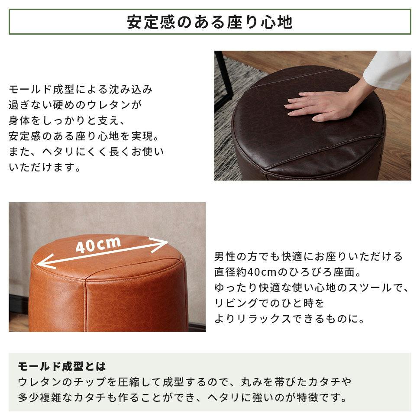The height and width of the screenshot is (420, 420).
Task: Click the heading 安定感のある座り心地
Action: tap(210, 22)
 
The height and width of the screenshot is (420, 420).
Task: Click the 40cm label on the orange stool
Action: tap(98, 245)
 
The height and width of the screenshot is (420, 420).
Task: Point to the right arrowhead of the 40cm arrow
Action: tap(161, 244)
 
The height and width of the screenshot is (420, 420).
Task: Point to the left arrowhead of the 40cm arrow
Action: tap(45, 262)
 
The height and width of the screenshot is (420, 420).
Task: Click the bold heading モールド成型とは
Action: tap(62, 366)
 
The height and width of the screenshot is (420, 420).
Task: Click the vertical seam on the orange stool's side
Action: tap(85, 305)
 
